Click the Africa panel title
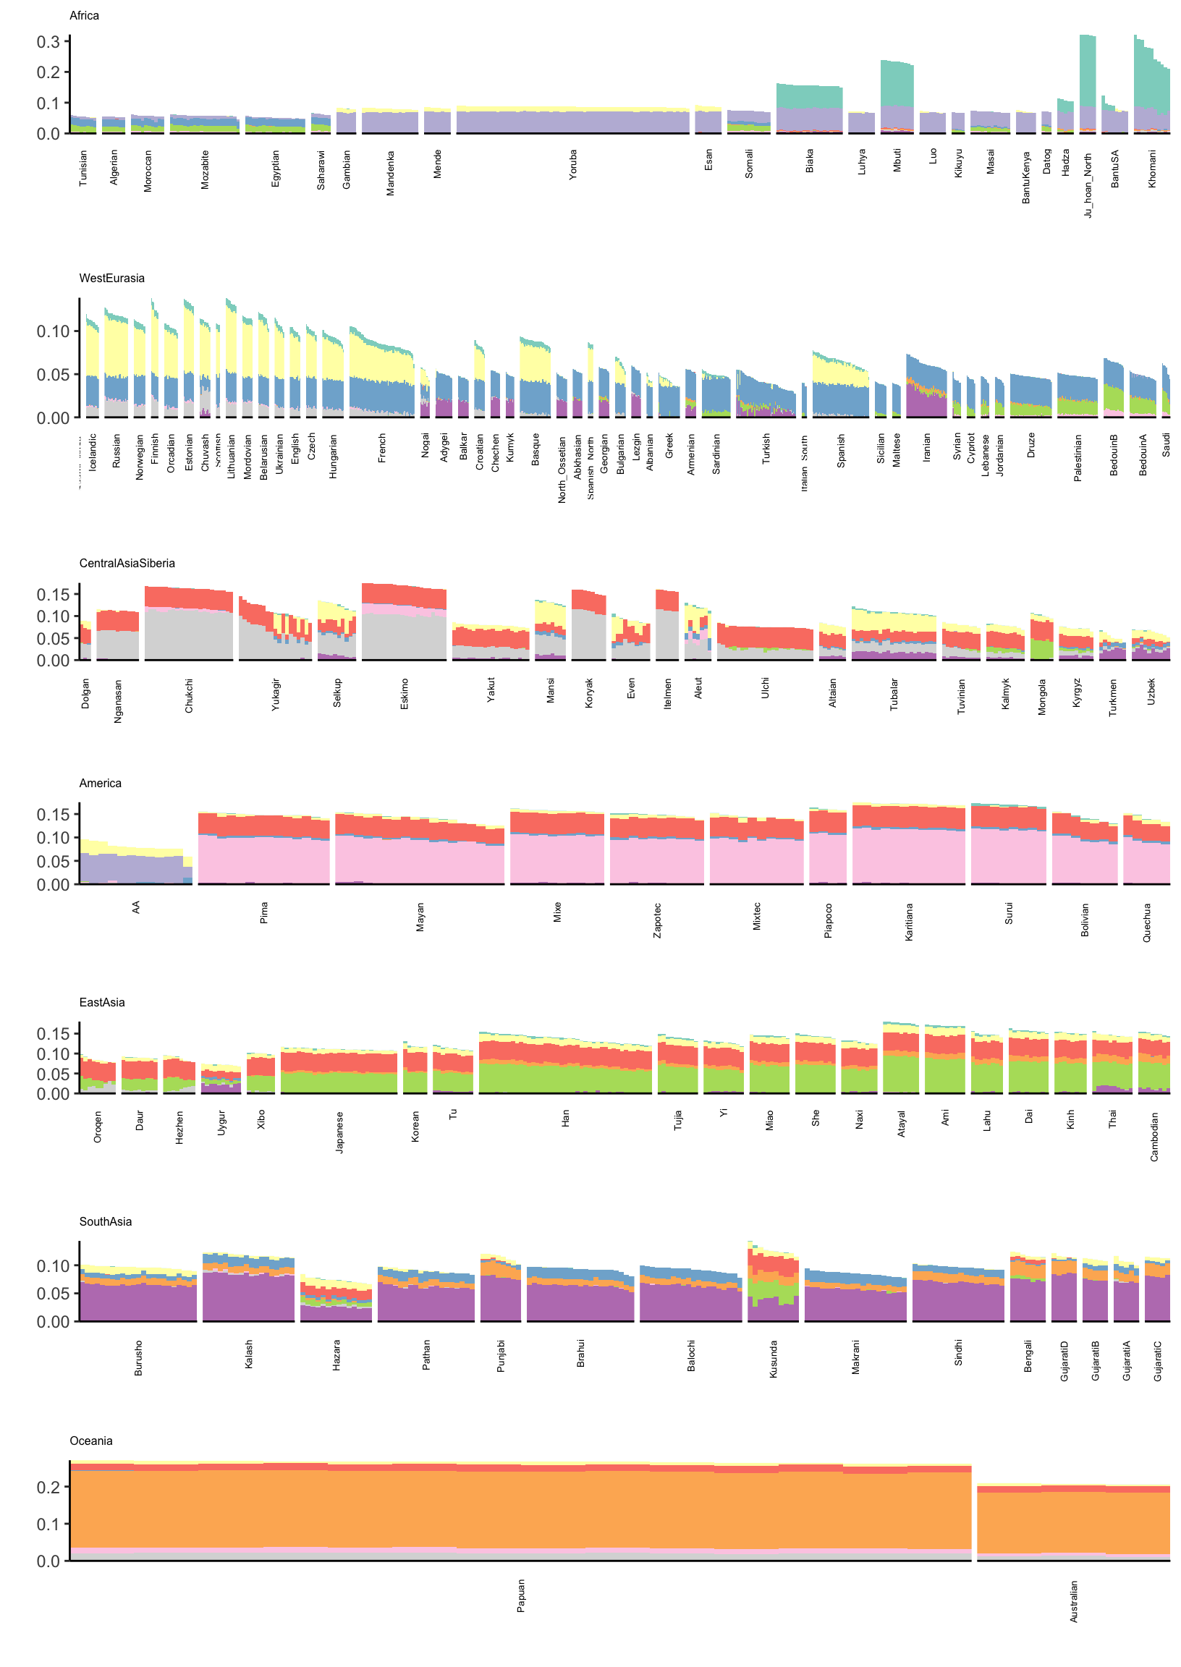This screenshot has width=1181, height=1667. point(85,16)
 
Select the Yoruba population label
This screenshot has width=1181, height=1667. point(573,165)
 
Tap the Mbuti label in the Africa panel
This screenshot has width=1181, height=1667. point(897,161)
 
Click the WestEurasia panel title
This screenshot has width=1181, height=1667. point(112,279)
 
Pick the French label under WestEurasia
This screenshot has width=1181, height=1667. point(383,449)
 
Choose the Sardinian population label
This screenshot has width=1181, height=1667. point(717,454)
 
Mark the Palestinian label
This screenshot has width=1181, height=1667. point(1078,458)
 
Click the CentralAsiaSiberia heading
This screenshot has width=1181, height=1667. point(127,564)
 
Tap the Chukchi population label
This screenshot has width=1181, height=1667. point(189,696)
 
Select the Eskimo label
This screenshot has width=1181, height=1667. point(405,695)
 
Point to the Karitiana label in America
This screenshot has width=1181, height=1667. point(909,922)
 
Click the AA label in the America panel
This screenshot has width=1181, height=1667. point(136,907)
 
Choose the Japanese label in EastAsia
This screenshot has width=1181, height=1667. point(339,1132)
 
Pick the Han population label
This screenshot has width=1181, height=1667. point(566,1119)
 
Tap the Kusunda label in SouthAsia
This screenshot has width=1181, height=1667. point(774,1360)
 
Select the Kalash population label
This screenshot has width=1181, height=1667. point(249,1355)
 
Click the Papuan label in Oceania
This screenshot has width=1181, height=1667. point(522,1596)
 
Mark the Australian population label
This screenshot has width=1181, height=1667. point(1074,1602)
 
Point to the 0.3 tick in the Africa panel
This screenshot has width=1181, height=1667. point(48,41)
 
